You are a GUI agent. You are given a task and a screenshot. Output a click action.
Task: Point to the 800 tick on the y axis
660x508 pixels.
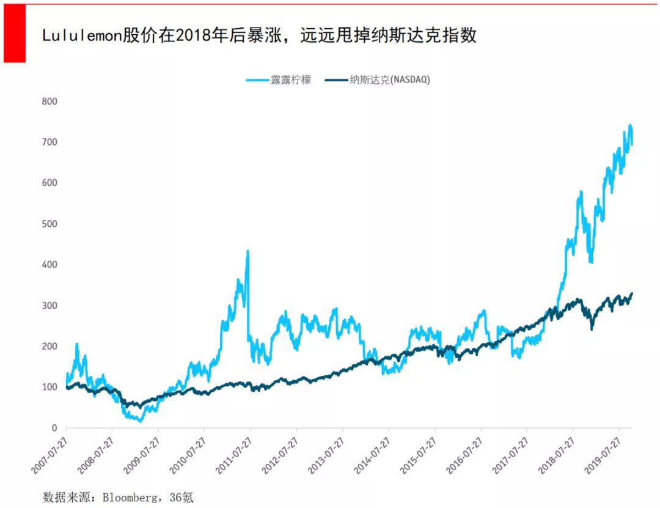49,101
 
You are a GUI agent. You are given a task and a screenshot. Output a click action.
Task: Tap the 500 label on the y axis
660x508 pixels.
49,224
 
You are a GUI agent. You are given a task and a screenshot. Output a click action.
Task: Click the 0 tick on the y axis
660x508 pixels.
54,428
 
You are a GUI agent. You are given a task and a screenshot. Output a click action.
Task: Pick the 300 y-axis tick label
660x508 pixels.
49,306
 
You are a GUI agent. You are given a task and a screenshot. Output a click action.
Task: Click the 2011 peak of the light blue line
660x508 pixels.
248,251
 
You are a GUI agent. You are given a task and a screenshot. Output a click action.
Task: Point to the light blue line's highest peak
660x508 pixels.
630,125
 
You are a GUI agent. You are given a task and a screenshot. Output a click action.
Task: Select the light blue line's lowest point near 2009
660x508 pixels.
141,421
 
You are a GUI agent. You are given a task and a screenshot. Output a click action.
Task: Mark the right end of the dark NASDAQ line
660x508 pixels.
632,293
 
